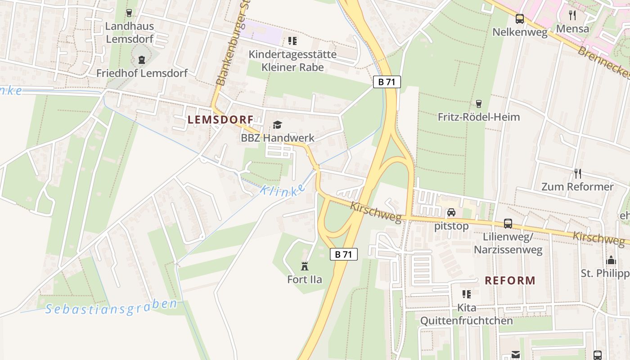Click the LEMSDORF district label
[220, 120]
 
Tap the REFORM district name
[510, 280]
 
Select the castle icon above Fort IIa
[305, 266]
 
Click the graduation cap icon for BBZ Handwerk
[277, 125]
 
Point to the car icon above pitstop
[451, 212]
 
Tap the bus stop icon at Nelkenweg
[520, 19]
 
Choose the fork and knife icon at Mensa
[572, 15]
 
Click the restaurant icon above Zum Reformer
[578, 173]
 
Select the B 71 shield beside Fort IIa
[344, 254]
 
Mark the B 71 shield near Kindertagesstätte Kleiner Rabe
[387, 82]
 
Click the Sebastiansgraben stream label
[112, 307]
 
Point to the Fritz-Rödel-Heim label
[479, 117]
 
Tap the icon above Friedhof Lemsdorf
[142, 60]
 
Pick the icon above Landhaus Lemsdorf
[130, 13]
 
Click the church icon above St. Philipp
[611, 260]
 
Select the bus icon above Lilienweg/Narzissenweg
[508, 223]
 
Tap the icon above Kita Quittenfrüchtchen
[467, 294]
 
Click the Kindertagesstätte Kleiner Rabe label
[292, 61]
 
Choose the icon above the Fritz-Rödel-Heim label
[479, 103]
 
